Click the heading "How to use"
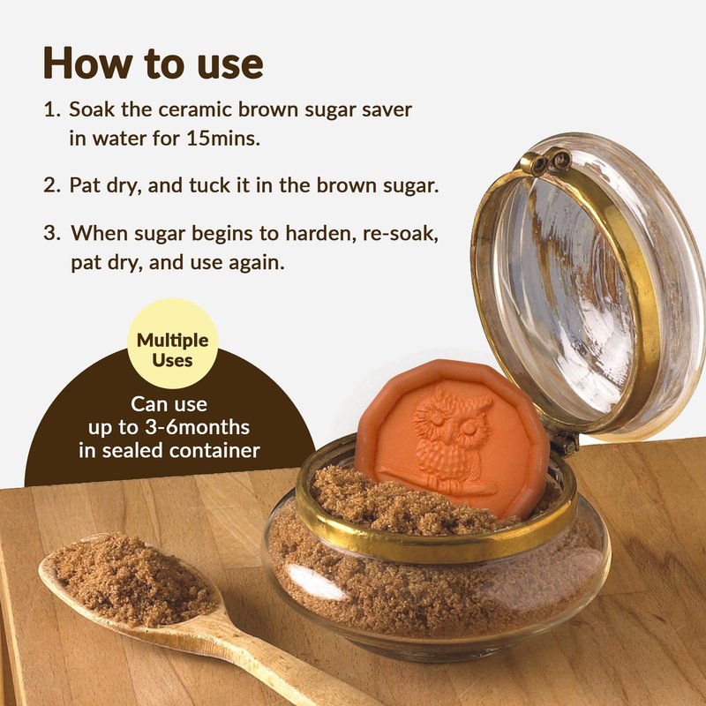coord(153,63)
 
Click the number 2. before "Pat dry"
coord(52,185)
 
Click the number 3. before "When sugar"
coord(52,233)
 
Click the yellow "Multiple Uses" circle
coord(172,343)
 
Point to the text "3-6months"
coord(197,427)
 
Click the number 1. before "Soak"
coord(52,109)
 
